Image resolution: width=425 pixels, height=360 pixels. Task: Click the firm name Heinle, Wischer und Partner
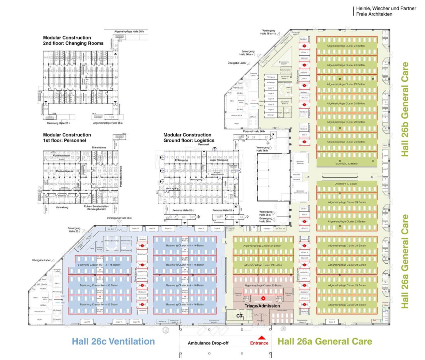(x=386, y=8)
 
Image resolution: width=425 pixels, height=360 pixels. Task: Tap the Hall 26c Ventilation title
(x=113, y=341)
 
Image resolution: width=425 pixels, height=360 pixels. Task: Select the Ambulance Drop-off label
(x=208, y=343)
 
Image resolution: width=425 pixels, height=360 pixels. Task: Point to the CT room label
(x=239, y=316)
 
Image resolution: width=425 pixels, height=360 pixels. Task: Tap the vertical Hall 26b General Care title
(x=405, y=110)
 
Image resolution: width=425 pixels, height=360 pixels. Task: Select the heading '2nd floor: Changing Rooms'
(x=73, y=43)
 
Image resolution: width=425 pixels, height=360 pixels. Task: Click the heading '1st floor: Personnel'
(x=64, y=140)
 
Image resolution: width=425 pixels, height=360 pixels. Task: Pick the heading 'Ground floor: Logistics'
(x=189, y=140)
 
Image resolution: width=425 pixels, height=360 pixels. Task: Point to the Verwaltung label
(x=62, y=207)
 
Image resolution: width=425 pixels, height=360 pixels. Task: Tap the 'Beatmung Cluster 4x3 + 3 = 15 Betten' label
(x=99, y=265)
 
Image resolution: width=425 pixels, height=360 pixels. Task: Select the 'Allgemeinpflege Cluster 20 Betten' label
(x=263, y=285)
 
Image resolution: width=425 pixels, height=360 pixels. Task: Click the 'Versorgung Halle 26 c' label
(x=119, y=218)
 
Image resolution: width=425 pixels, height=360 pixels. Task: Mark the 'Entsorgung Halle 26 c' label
(x=74, y=230)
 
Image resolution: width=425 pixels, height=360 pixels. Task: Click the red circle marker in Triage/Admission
(x=263, y=298)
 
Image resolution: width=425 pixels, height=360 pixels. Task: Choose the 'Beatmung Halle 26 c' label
(x=58, y=123)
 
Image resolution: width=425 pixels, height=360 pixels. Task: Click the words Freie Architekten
(x=374, y=14)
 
